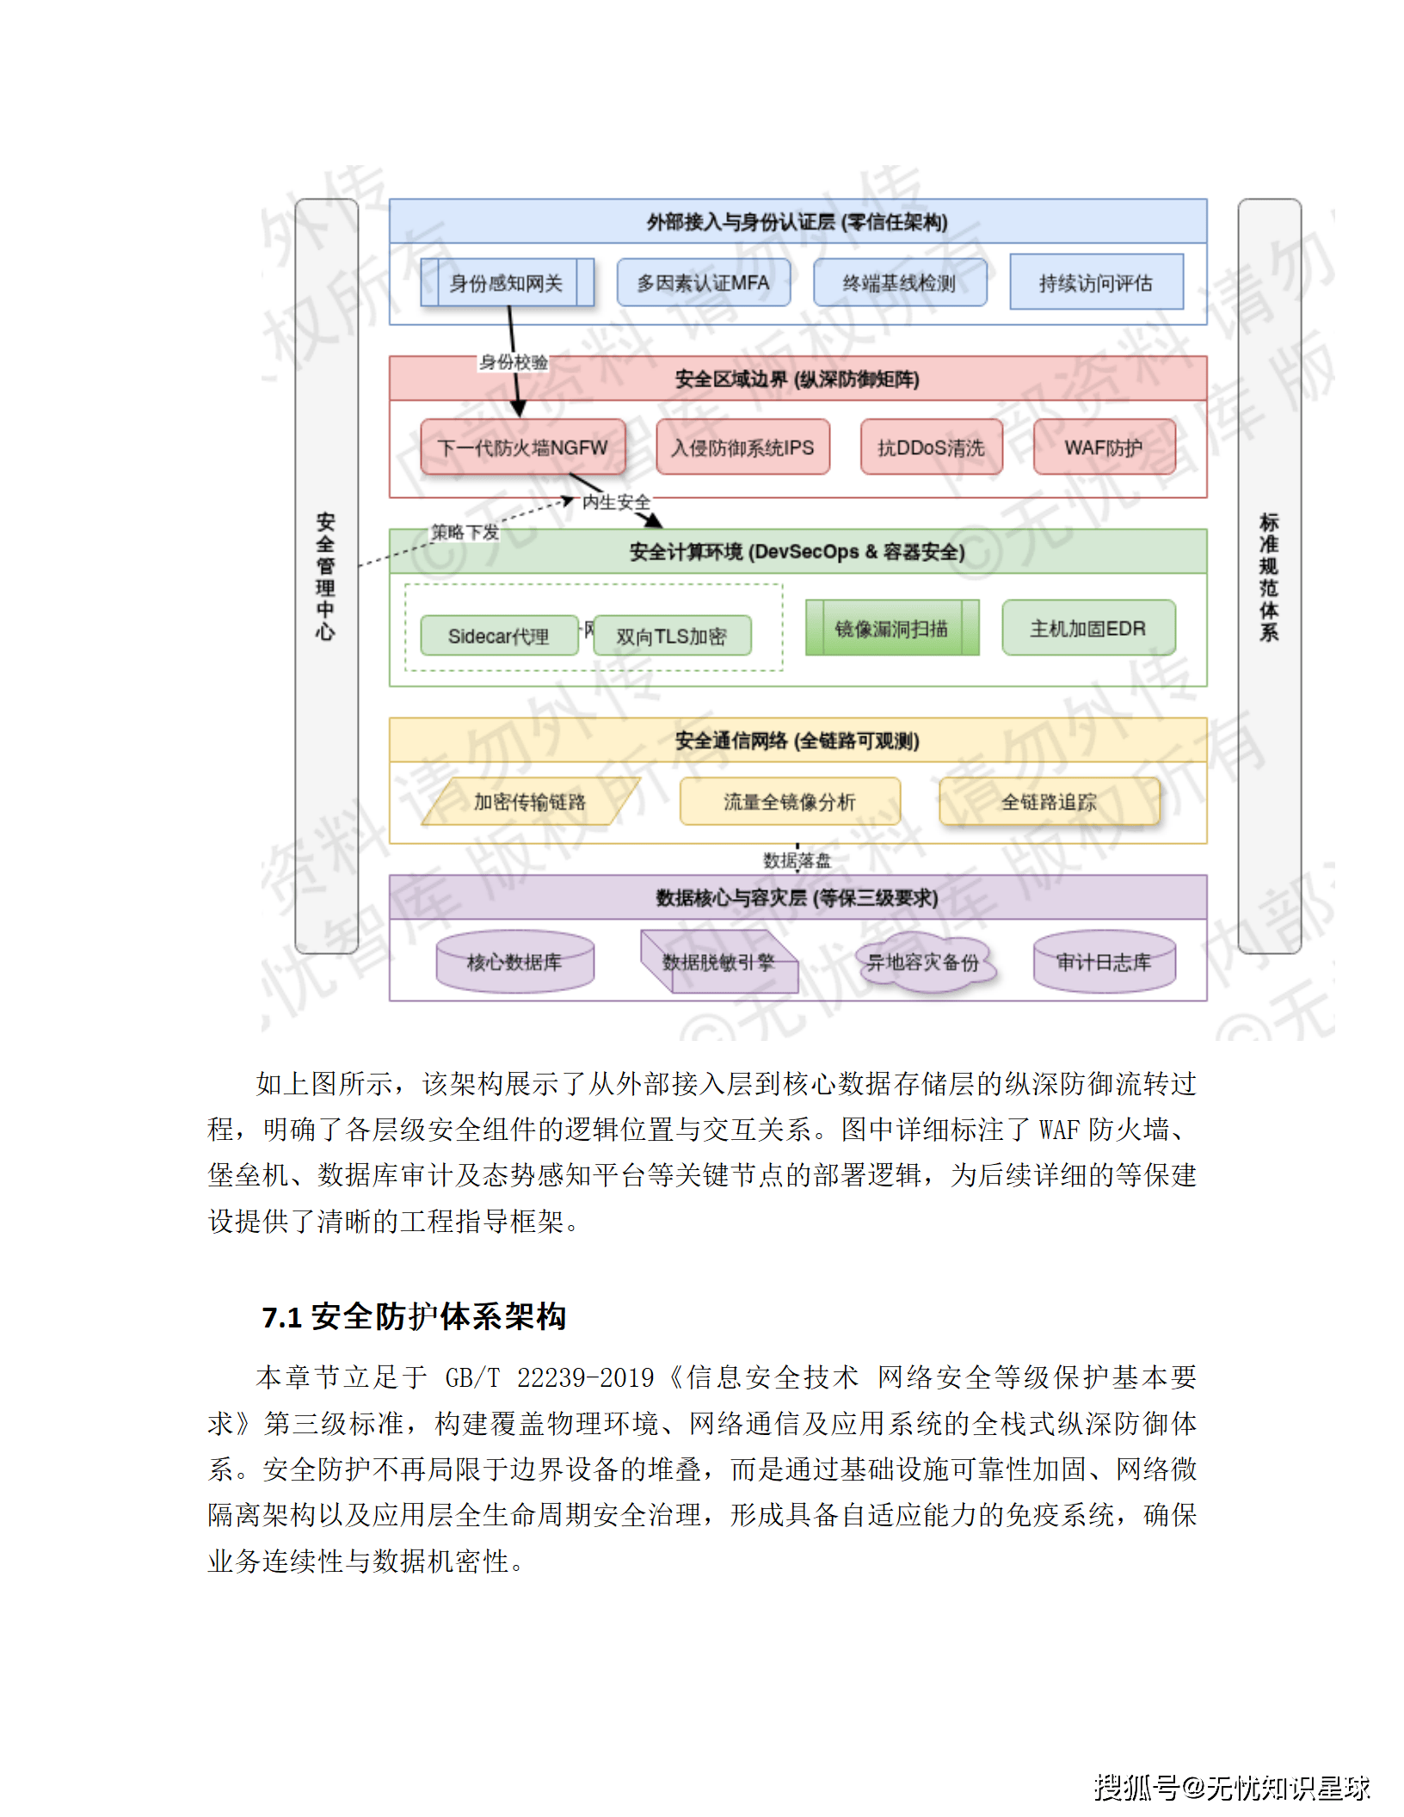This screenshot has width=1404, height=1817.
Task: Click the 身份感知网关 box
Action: pos(507,283)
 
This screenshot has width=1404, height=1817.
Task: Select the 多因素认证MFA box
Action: pos(703,283)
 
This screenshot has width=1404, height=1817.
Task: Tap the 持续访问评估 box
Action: pos(1096,282)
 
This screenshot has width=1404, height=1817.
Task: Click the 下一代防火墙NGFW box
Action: pos(522,447)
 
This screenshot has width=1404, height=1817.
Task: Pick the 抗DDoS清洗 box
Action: pos(931,447)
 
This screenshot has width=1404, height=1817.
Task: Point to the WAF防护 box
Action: pos(1104,447)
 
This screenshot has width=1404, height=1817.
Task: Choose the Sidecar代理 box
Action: pos(498,636)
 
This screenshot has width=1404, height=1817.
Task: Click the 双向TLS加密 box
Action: pos(671,636)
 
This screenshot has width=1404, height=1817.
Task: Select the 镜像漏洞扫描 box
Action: pos(891,628)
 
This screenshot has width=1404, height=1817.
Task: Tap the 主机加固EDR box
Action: pos(1088,628)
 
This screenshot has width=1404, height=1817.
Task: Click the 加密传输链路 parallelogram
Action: pos(530,802)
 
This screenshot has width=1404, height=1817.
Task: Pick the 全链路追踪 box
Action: pos(1049,802)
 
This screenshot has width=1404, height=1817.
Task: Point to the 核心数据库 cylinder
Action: pos(514,962)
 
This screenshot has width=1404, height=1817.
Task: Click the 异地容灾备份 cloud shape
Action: pos(923,962)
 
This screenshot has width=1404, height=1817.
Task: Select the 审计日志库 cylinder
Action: pos(1104,962)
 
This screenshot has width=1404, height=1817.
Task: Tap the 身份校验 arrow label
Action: pos(514,362)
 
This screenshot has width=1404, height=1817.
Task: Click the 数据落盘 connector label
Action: pos(797,860)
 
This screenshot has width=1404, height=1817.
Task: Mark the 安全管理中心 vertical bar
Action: pos(326,576)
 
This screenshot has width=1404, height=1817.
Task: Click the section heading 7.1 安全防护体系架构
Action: pos(414,1316)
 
